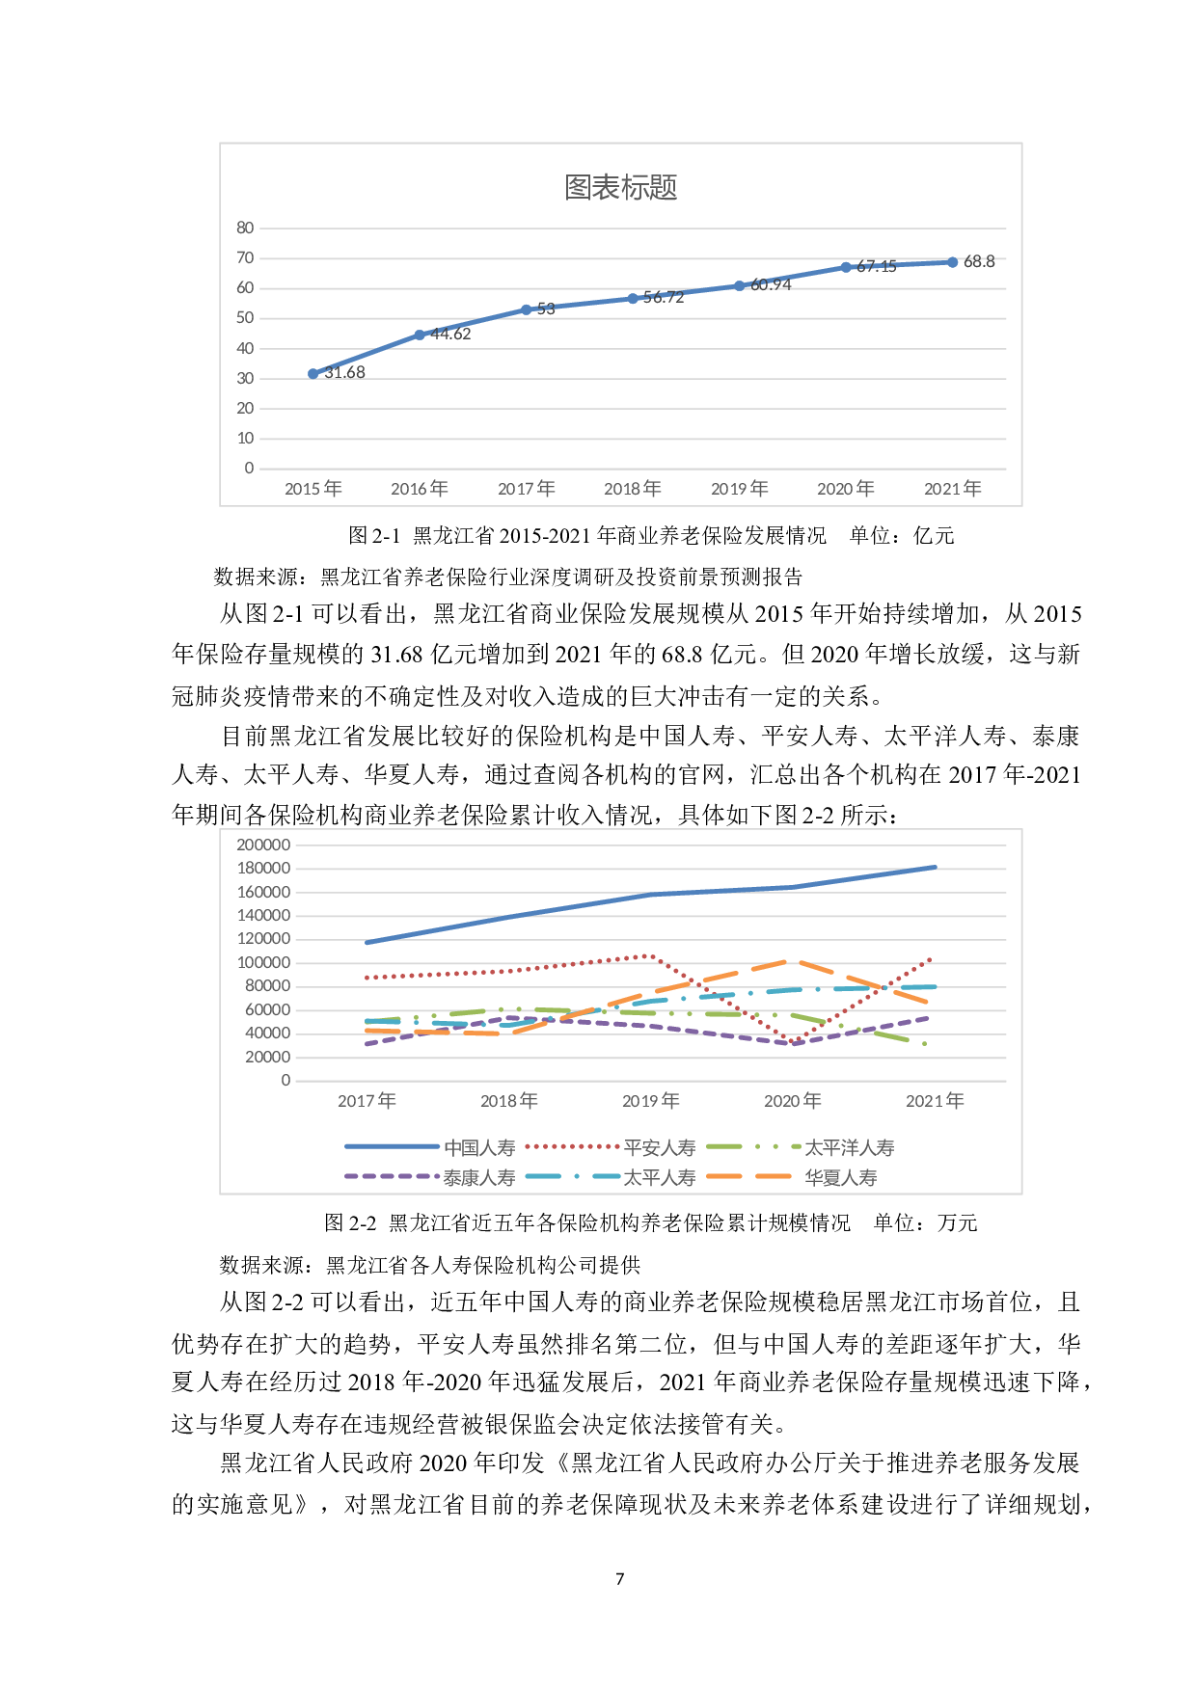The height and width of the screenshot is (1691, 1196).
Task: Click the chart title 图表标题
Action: [x=620, y=187]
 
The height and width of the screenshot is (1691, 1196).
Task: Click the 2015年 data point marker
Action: [x=313, y=373]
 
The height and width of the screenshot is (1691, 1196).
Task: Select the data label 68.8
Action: [x=979, y=261]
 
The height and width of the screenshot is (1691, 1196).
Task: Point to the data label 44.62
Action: [x=450, y=334]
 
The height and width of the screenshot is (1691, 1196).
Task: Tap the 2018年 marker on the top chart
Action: [x=633, y=299]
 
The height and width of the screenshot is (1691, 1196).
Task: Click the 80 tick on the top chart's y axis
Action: [x=245, y=228]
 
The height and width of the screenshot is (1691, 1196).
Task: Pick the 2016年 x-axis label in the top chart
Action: [x=420, y=489]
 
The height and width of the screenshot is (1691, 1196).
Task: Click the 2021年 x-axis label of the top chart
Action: [x=953, y=489]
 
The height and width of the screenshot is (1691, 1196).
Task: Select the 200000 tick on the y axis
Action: [x=263, y=845]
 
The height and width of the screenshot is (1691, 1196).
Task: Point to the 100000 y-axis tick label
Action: [x=263, y=962]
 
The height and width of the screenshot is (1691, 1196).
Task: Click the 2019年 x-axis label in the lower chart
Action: [x=651, y=1100]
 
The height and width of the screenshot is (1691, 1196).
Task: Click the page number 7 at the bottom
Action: [x=620, y=1578]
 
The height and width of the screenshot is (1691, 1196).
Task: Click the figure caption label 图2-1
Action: [x=373, y=536]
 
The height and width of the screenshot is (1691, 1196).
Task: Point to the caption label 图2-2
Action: [x=350, y=1223]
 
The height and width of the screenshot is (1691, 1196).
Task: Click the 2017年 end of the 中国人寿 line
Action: [x=367, y=942]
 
